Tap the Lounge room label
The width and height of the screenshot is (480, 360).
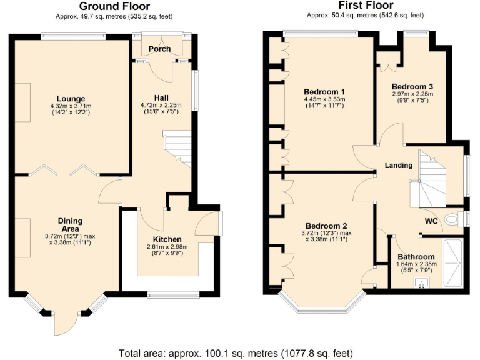(71, 98)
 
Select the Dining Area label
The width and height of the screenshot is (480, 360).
(70, 224)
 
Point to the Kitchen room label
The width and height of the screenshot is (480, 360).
(167, 239)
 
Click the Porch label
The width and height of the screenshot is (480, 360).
(159, 49)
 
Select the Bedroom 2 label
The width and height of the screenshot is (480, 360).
(326, 226)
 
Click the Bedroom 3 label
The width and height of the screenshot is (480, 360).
(412, 86)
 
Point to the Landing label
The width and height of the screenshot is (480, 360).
(398, 166)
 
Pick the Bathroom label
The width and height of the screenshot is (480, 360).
(416, 257)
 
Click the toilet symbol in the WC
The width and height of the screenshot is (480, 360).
(452, 219)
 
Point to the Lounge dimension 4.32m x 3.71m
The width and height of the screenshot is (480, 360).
(71, 106)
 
